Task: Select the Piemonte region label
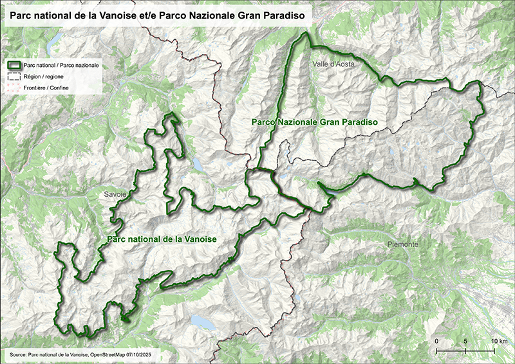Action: point(404,245)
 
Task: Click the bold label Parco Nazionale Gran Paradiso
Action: point(314,122)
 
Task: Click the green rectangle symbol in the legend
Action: point(14,65)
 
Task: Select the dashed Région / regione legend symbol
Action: point(14,76)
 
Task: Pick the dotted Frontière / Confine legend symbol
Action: point(14,87)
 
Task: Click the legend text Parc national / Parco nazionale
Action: point(55,65)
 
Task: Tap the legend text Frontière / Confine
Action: point(46,87)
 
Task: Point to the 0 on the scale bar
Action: point(436,340)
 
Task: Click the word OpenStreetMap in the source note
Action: point(109,354)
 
